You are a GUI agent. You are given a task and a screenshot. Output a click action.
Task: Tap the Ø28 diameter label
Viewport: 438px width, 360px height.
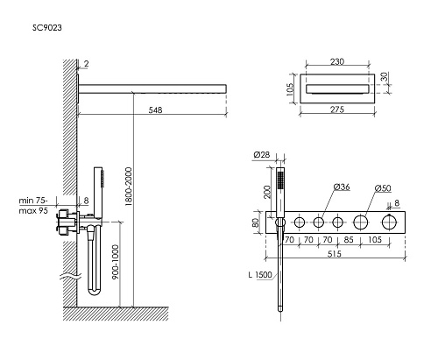260,154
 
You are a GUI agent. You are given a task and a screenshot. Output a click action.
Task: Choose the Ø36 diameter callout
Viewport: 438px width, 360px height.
343,187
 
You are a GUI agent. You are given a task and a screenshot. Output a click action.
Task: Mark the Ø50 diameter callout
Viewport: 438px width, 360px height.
382,187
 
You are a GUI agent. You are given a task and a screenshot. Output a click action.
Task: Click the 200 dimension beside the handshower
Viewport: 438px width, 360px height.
265,190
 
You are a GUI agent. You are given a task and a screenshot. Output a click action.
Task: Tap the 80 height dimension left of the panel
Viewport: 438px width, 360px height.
255,223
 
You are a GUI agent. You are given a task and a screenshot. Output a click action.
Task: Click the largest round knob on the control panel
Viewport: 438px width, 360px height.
386,224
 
